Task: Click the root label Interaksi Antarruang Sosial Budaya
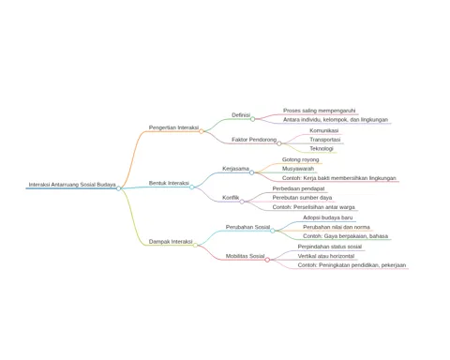(x=72, y=185)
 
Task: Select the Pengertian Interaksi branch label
(x=173, y=127)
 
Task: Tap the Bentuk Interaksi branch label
(x=169, y=183)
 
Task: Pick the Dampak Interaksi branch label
(x=171, y=242)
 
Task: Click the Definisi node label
(x=241, y=115)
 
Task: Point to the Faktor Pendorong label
(x=254, y=140)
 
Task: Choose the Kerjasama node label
(x=235, y=169)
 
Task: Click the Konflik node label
(x=231, y=198)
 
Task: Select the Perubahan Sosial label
(x=247, y=227)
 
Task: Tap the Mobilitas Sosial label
(x=246, y=256)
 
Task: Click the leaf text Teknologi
(x=322, y=149)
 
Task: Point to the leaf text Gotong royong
(x=301, y=159)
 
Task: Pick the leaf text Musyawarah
(x=298, y=169)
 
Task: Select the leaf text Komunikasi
(x=324, y=130)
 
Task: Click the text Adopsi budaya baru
(x=328, y=217)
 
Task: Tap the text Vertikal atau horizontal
(x=326, y=256)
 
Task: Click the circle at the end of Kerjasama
(x=252, y=172)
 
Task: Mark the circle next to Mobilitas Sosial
(x=267, y=260)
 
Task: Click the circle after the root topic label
(x=118, y=188)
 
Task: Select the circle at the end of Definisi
(x=253, y=119)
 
